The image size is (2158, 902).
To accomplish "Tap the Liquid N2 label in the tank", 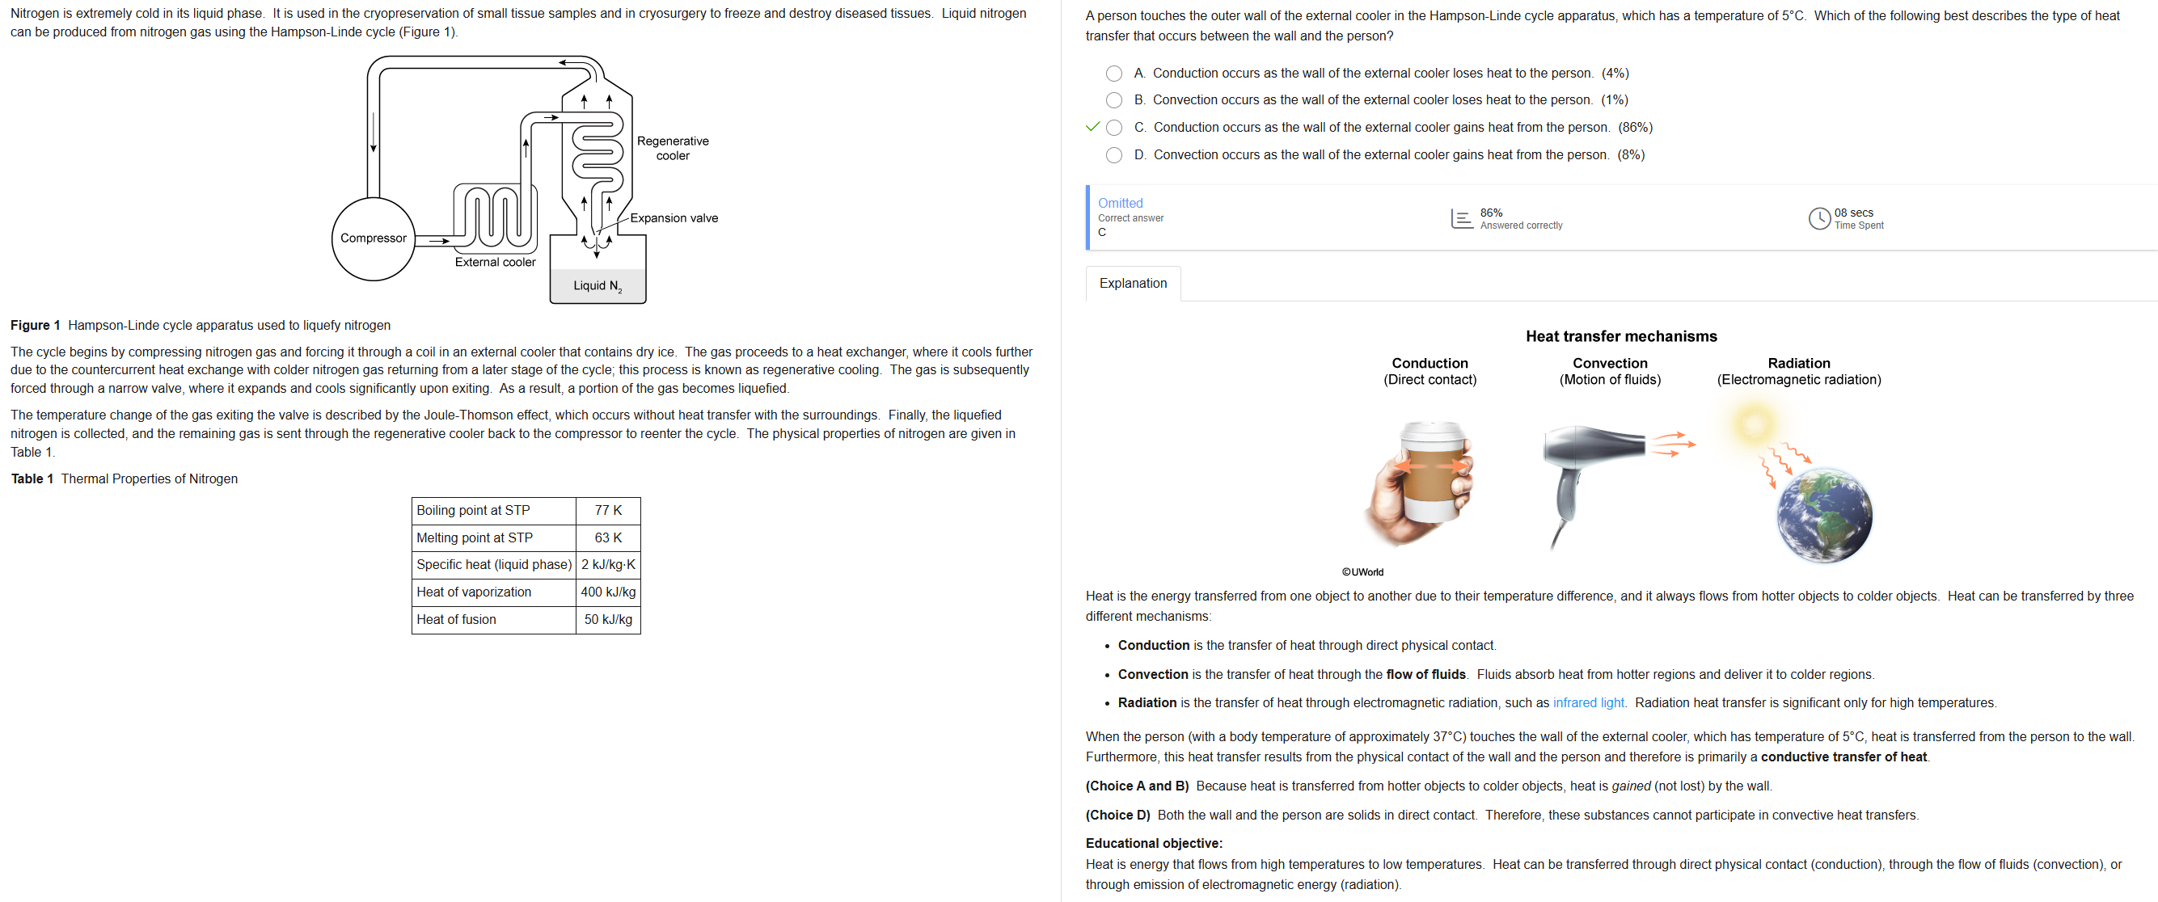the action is pos(598,286).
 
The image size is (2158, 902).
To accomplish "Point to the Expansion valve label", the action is pos(674,217).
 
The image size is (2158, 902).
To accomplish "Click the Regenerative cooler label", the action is pos(673,148).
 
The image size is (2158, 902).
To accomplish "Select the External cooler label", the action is pos(495,262).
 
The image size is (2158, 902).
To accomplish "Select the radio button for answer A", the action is pos(1113,74).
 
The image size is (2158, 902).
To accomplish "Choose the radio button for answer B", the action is pos(1113,100).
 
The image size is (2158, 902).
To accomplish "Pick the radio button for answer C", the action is pos(1113,128).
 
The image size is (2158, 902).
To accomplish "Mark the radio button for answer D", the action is pos(1113,155).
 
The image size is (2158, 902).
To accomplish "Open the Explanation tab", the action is pos(1133,283).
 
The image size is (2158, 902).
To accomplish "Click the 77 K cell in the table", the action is pos(608,510).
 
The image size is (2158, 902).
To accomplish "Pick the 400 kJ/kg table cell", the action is pos(608,592).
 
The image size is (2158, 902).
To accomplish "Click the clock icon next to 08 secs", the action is pos(1818,218).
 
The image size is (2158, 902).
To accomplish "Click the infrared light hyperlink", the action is pos(1588,702).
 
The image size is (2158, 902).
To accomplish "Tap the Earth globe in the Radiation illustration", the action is pos(1824,514).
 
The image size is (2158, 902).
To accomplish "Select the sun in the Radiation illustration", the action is pos(1753,422).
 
